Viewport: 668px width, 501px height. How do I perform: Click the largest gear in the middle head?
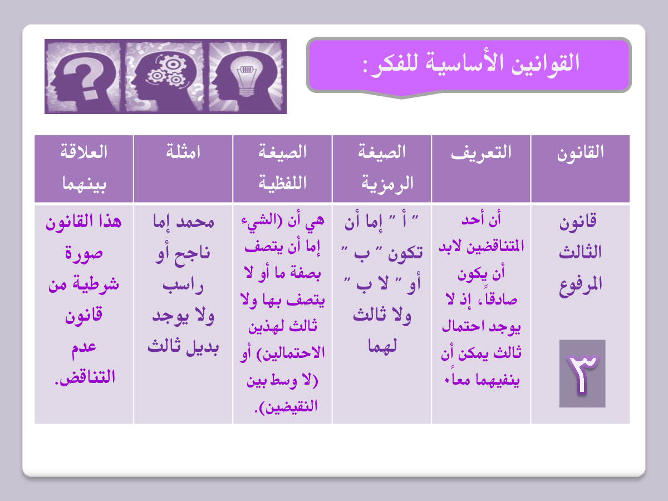[x=172, y=64]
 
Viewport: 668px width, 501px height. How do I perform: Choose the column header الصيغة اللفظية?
[x=283, y=168]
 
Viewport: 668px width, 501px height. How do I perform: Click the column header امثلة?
[x=183, y=151]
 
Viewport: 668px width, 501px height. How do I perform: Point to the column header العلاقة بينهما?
[x=84, y=168]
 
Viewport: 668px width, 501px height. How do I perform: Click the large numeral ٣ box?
[x=582, y=374]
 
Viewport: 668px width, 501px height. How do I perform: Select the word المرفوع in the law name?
[x=581, y=286]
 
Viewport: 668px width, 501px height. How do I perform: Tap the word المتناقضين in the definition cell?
[x=496, y=247]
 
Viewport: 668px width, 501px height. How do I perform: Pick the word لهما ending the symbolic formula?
[x=382, y=345]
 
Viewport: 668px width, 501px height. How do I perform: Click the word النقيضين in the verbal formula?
[x=291, y=407]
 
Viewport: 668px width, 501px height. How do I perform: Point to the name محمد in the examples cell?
[x=195, y=222]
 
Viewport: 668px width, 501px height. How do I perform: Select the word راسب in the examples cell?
[x=183, y=286]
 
